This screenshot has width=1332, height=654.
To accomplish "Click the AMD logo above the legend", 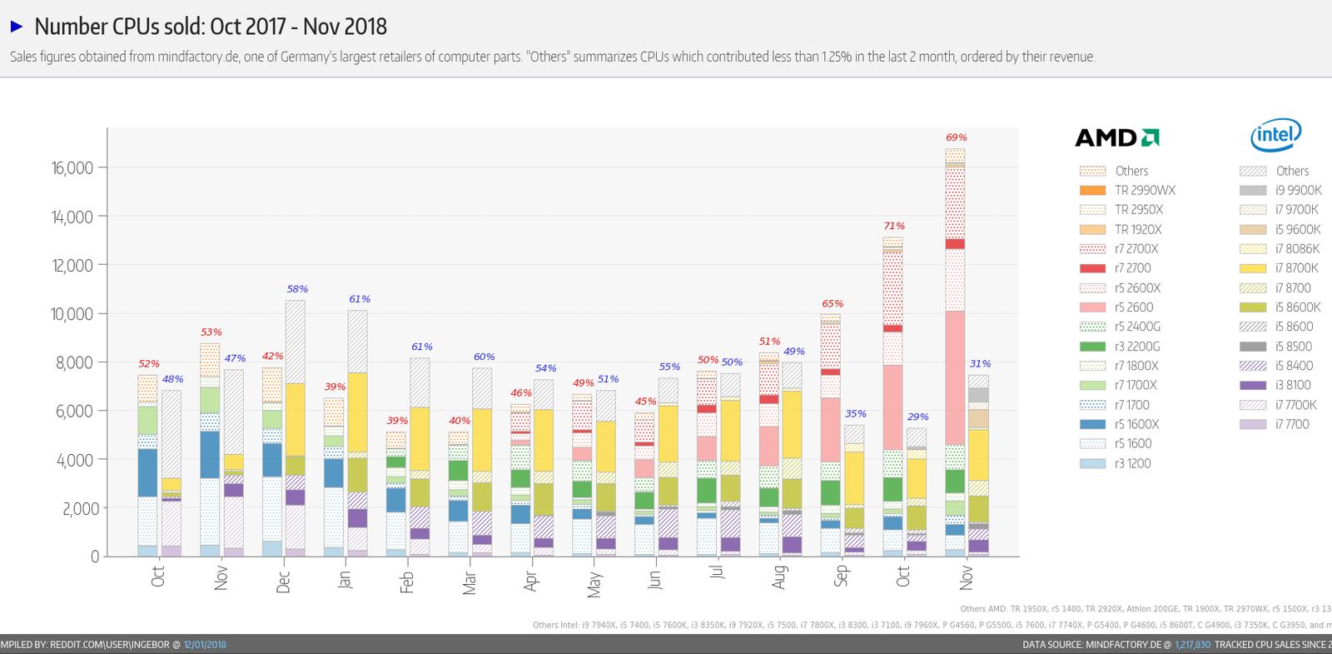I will click(x=1117, y=137).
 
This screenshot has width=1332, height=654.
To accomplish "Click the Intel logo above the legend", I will click(x=1275, y=135).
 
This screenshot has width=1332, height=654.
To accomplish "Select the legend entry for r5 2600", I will click(x=1134, y=307).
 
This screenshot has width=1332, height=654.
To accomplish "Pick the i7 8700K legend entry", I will click(x=1296, y=268).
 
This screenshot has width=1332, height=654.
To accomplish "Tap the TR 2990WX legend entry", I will click(x=1145, y=190).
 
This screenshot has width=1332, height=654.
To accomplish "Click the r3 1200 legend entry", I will click(x=1132, y=463).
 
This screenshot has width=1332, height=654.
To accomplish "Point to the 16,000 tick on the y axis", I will click(x=72, y=168).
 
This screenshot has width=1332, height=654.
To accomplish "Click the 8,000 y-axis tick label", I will click(x=75, y=362).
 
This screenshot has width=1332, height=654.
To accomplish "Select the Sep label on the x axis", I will click(x=841, y=576).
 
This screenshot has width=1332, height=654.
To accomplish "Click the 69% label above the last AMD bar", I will click(x=957, y=137).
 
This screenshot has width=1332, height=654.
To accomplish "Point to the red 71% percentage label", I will click(x=894, y=226).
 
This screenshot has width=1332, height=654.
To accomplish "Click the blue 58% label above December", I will click(x=297, y=289).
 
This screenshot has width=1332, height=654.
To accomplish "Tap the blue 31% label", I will click(x=980, y=364).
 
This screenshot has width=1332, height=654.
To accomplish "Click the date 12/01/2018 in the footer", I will click(x=205, y=645).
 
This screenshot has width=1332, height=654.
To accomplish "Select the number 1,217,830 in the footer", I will click(x=1193, y=645).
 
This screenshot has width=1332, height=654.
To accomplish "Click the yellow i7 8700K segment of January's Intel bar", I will click(x=357, y=412).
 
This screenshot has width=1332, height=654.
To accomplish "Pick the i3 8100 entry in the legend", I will click(x=1293, y=385).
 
